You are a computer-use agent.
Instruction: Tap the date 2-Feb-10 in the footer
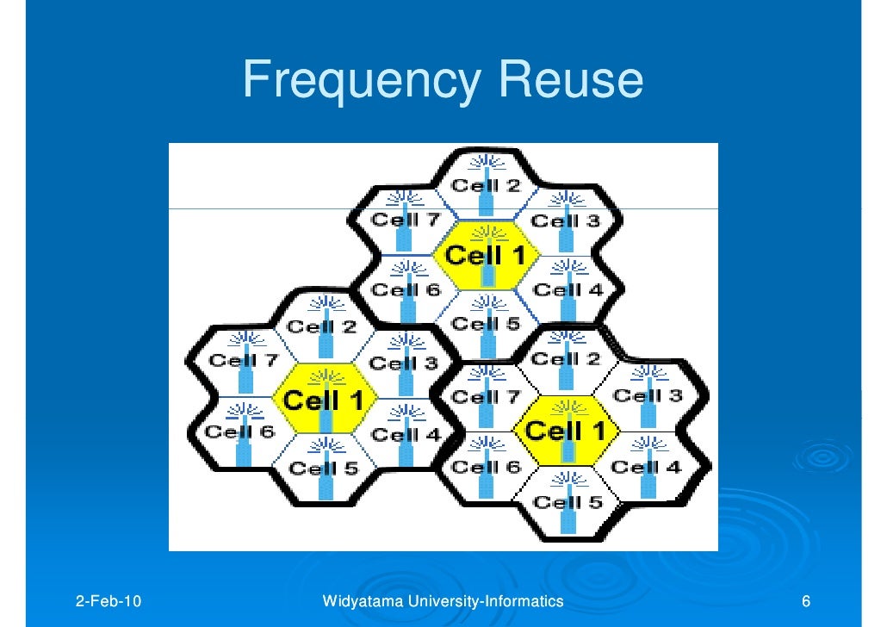109,600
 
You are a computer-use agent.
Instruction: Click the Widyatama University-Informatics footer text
443,600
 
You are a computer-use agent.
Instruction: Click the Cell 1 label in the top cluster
486,255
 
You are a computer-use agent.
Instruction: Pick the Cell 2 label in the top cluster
487,185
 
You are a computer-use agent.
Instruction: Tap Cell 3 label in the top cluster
566,220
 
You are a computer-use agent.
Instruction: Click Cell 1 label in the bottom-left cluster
324,400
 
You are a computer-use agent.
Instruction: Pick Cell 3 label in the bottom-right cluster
648,395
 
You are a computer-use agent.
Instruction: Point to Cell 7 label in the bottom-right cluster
486,397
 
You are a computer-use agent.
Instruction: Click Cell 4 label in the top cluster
568,289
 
